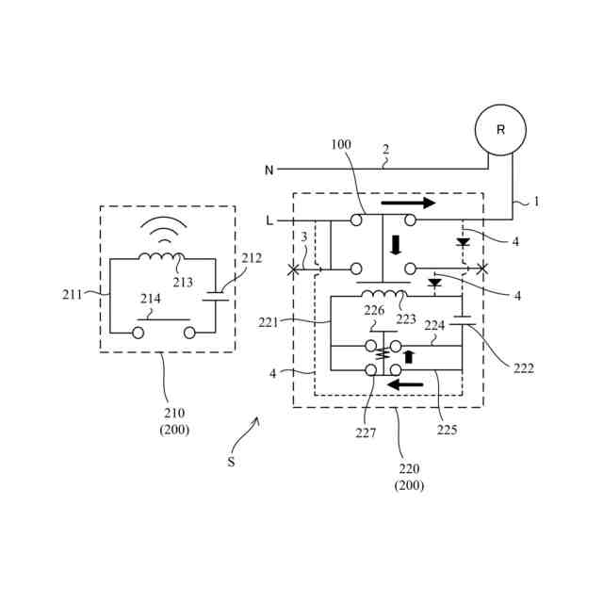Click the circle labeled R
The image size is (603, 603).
pos(500,130)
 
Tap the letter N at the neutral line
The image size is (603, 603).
pos(269,171)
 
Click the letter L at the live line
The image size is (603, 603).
pos(269,220)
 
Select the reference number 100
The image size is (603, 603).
pos(341,144)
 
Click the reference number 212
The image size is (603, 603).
pos(252,257)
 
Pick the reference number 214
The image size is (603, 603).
pos(150,299)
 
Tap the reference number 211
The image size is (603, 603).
pos(73,294)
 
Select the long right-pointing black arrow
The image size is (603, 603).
pos(408,203)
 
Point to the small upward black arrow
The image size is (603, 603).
pos(408,357)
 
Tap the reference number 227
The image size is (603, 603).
pos(366,433)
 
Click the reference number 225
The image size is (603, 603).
pos(448,430)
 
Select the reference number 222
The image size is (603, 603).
pos(524,368)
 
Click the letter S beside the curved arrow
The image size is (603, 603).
pos(231,463)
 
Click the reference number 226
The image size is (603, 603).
pos(375,310)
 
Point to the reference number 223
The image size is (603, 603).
pos(406,318)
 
